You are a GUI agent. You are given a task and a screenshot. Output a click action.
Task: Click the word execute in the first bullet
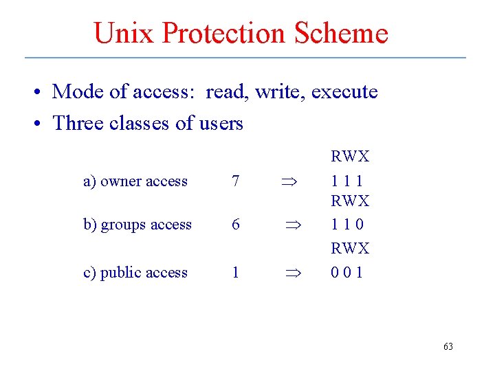click(344, 91)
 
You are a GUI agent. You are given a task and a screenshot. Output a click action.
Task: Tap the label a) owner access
click(135, 181)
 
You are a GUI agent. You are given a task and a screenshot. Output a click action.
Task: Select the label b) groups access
click(137, 225)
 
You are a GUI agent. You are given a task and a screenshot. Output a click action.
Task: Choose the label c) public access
click(135, 272)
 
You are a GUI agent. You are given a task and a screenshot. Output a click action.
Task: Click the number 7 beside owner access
click(236, 181)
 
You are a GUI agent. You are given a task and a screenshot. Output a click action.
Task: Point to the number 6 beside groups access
click(236, 225)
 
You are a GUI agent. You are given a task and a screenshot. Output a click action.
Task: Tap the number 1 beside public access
click(236, 272)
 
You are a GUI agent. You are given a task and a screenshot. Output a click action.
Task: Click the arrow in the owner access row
click(287, 182)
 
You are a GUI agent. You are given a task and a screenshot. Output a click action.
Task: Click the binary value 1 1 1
click(347, 181)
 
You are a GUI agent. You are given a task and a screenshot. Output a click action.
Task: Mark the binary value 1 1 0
click(348, 225)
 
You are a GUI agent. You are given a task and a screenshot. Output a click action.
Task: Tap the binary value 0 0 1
click(348, 272)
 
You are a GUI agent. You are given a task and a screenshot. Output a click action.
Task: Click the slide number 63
click(448, 347)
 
